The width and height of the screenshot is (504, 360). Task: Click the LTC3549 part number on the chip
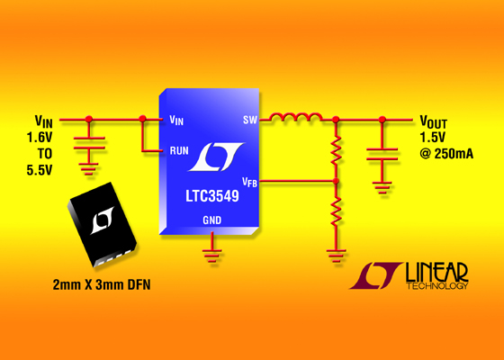click(x=212, y=196)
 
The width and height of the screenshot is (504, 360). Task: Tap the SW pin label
click(x=250, y=120)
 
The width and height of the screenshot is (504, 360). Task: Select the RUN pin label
click(x=179, y=150)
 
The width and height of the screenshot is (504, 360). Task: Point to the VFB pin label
click(x=250, y=182)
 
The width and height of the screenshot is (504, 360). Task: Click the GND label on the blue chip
click(x=212, y=220)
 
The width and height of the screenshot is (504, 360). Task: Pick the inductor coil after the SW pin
click(x=295, y=117)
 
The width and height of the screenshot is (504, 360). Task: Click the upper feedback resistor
click(x=336, y=150)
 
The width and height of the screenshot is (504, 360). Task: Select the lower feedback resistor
click(x=336, y=211)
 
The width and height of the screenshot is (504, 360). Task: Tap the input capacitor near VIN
click(x=89, y=143)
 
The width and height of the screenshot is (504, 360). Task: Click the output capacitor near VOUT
click(x=382, y=154)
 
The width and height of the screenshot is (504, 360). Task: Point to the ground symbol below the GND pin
click(x=211, y=256)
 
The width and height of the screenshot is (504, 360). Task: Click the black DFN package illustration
click(x=102, y=224)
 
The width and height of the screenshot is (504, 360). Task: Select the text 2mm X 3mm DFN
click(x=102, y=284)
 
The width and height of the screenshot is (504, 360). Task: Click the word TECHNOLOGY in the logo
click(x=437, y=286)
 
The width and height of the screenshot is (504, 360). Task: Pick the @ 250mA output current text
click(x=446, y=154)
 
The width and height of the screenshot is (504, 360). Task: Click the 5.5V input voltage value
click(x=40, y=170)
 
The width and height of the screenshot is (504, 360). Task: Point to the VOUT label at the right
click(x=433, y=122)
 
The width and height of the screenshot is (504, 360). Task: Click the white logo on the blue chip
click(x=216, y=157)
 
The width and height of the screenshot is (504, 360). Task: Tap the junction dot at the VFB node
click(x=336, y=181)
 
